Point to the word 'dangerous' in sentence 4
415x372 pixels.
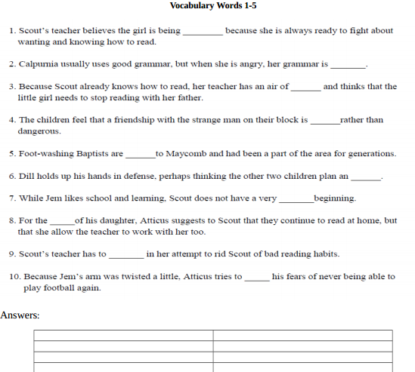coord(39,131)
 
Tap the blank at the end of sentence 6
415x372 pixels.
coord(366,177)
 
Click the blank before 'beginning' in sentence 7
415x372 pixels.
coord(296,200)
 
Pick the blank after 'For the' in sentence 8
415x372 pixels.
coord(62,222)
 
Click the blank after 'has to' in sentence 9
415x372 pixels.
coord(126,255)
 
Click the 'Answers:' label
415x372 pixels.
coord(20,315)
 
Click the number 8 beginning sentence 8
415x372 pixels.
coord(12,220)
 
